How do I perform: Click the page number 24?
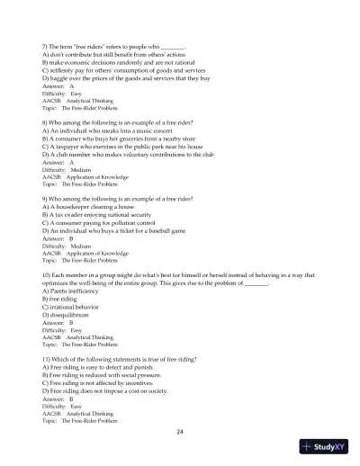180,432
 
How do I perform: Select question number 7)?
47,44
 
